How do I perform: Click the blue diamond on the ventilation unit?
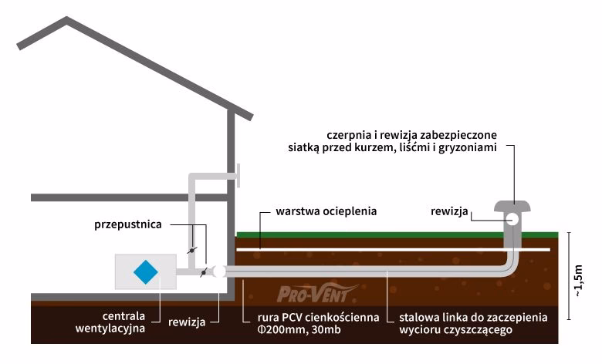point(145,271)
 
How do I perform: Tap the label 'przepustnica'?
point(127,225)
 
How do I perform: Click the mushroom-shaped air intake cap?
point(513,207)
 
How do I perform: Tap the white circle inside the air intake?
point(512,218)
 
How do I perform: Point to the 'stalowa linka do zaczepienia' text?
point(473,317)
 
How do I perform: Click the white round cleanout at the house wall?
point(219,271)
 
